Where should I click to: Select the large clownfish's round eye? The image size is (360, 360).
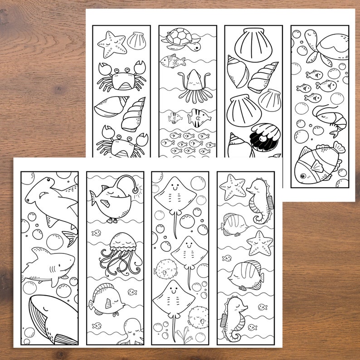[301, 170]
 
